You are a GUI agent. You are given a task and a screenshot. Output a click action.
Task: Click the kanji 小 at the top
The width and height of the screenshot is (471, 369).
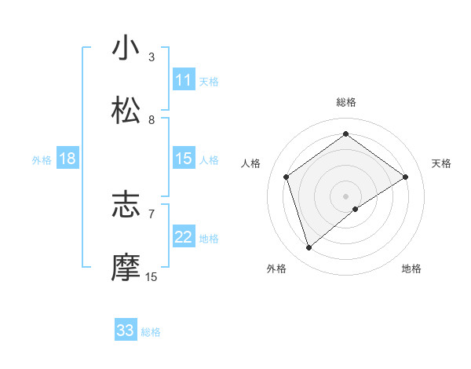point(126,49)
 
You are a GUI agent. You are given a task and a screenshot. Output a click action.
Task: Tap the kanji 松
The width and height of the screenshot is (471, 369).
point(126,111)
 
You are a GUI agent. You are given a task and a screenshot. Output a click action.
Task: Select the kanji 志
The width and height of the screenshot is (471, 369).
point(126,206)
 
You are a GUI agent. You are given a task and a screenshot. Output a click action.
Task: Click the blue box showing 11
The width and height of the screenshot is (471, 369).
point(184,80)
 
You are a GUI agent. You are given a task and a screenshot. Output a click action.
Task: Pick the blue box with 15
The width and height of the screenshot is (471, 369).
point(184,159)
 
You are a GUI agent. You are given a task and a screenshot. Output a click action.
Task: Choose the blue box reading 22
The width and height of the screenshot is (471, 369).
point(184,237)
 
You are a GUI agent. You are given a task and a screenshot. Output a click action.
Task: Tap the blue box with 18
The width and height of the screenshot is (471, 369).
point(68,159)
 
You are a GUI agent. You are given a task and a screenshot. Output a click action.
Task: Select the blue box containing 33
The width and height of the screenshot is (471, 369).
point(126,331)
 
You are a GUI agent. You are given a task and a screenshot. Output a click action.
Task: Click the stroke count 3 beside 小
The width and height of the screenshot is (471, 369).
point(152,57)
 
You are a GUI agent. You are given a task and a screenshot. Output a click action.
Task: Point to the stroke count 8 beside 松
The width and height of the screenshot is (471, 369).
point(152,120)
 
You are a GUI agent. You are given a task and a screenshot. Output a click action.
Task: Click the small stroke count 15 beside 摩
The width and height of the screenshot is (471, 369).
point(152,277)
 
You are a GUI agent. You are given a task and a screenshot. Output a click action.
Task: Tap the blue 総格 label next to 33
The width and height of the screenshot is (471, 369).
point(151,332)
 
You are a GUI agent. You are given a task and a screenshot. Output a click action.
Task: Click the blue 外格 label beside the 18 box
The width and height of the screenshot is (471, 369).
point(42,160)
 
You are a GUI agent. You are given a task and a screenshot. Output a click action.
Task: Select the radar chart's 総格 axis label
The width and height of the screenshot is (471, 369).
point(346,102)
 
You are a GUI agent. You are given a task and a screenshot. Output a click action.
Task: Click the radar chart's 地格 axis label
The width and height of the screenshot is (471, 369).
point(411,269)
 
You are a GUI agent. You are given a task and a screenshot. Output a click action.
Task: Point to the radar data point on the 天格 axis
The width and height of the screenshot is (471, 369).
point(406,177)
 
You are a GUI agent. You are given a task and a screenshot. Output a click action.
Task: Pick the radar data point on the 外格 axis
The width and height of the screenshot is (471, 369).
point(309,248)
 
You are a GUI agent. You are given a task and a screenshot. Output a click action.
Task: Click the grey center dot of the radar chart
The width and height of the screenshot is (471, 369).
point(346,195)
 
